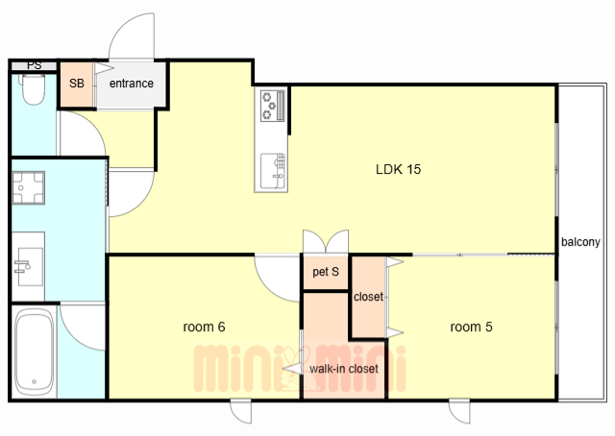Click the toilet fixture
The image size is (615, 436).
coord(34,89)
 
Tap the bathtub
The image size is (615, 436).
coord(34,351)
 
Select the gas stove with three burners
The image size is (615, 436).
coord(273,105)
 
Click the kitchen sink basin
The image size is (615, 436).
coord(273,171)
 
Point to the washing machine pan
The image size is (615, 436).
coord(28,188)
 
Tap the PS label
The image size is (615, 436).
coord(35,65)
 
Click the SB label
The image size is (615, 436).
coord(77,84)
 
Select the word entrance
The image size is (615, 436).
coord(132,84)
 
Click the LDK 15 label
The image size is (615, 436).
coord(398,169)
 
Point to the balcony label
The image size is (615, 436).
coord(580,242)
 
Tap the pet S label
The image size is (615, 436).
coord(326,272)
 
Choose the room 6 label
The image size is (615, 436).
coord(204,327)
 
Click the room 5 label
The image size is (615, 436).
coord(471,327)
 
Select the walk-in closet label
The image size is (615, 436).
coord(344,369)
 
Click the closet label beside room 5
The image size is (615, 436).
coord(368,297)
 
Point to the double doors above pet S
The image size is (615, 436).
coord(326,241)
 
